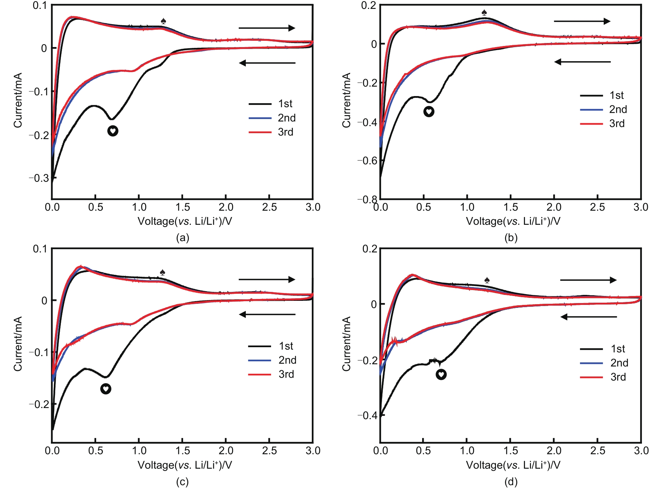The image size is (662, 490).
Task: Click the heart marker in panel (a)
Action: (x=113, y=131)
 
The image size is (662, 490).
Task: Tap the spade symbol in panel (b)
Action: (x=484, y=12)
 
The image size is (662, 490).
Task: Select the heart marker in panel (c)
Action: (x=106, y=389)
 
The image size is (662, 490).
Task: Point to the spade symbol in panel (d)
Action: (x=487, y=280)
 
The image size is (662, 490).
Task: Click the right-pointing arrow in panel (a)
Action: (x=267, y=28)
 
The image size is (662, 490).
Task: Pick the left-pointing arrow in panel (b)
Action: (x=582, y=62)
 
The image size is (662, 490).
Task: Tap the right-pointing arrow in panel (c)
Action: (x=267, y=279)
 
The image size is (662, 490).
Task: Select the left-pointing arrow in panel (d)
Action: (x=588, y=317)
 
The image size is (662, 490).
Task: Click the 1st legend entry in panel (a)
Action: (x=271, y=104)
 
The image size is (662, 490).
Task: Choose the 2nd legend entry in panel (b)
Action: (x=603, y=109)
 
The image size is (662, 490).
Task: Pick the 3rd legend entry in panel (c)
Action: (x=271, y=374)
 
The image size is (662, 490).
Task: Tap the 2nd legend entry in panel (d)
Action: (x=604, y=363)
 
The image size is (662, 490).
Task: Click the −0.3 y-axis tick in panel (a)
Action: (x=39, y=178)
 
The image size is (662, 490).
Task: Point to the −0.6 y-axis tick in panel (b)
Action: (x=367, y=161)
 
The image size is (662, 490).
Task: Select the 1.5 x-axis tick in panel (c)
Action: (x=182, y=451)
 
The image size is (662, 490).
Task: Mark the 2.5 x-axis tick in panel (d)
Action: (x=597, y=451)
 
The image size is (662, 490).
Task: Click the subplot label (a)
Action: (x=183, y=237)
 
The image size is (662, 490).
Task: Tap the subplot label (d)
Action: (x=511, y=481)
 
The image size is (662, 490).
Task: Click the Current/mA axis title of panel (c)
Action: (x=18, y=344)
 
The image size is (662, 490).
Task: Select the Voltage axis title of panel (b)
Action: (x=513, y=221)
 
